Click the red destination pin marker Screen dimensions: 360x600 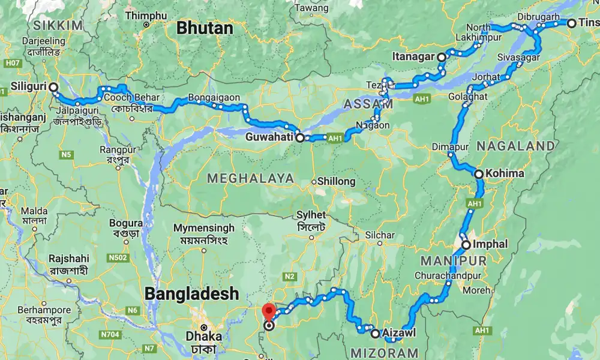pos(269,311)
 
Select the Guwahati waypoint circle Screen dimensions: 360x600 pos(300,137)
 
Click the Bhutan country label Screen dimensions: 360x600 pos(203,28)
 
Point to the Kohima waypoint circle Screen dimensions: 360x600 pos(479,174)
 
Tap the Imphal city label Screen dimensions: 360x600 pos(490,244)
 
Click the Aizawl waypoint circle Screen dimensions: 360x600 pos(375,333)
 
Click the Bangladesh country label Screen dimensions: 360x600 pos(191,294)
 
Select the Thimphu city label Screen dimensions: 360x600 pos(146,16)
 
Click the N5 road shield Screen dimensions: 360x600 pos(65,155)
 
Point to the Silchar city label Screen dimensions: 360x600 pos(380,235)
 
